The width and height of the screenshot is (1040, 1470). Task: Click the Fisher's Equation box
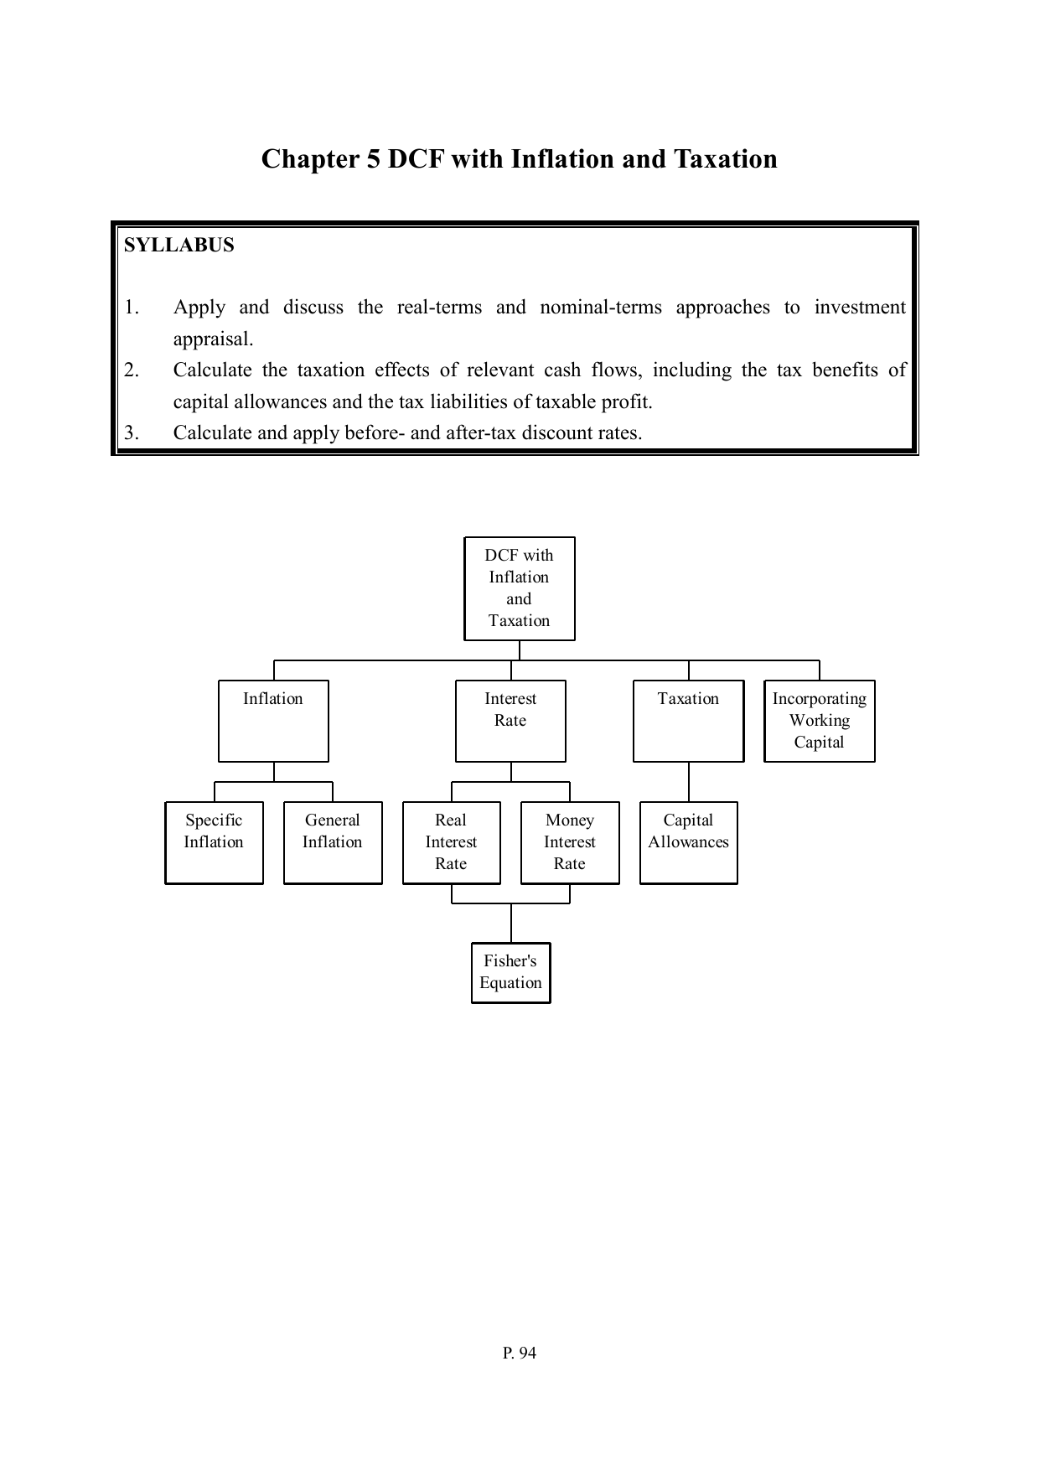click(x=510, y=972)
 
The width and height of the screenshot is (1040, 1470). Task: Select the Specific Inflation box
click(x=214, y=842)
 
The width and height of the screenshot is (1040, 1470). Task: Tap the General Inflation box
click(x=333, y=842)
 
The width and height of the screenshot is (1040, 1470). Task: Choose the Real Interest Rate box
click(x=451, y=842)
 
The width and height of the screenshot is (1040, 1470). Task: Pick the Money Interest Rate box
click(x=570, y=842)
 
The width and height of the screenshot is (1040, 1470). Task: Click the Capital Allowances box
click(x=688, y=842)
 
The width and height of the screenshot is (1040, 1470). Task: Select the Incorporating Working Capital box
click(x=820, y=721)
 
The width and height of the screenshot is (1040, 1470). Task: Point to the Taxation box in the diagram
click(x=688, y=721)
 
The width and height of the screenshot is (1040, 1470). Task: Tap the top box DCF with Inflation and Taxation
click(x=520, y=588)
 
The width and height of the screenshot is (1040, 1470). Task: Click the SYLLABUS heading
click(x=179, y=246)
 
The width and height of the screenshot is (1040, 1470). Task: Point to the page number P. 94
click(x=520, y=1353)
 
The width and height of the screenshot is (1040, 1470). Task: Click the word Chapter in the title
click(x=310, y=159)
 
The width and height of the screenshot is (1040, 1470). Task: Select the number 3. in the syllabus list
click(x=132, y=432)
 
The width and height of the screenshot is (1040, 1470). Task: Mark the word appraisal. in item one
click(x=213, y=339)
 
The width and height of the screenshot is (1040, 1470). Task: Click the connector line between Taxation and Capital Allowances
click(x=689, y=782)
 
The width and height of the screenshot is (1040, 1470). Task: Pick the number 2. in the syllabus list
click(x=132, y=370)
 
